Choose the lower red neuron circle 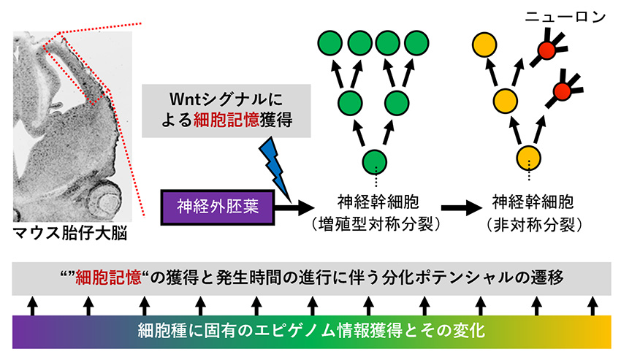pyautogui.click(x=562, y=91)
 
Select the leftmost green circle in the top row pyautogui.click(x=329, y=43)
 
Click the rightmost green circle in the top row pyautogui.click(x=417, y=43)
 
